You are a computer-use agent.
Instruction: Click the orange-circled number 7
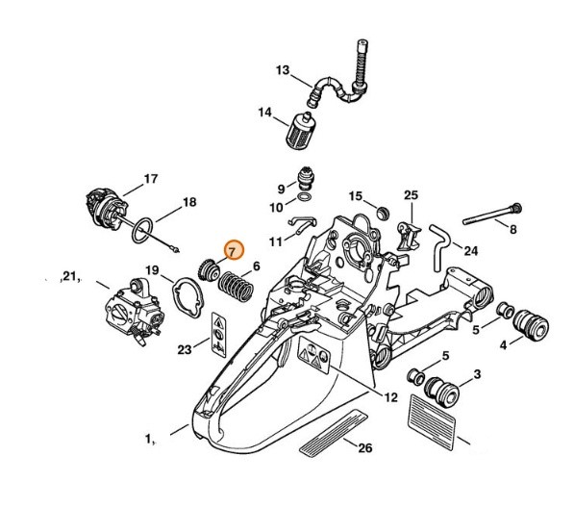pyautogui.click(x=231, y=249)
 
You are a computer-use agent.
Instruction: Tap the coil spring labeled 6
pyautogui.click(x=232, y=285)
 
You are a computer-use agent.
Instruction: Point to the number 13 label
pyautogui.click(x=282, y=70)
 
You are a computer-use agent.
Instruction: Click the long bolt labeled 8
pyautogui.click(x=491, y=215)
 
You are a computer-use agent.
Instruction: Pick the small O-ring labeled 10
pyautogui.click(x=305, y=203)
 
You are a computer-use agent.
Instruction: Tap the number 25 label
pyautogui.click(x=411, y=196)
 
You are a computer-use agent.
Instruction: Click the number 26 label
pyautogui.click(x=364, y=447)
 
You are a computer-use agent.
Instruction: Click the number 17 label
pyautogui.click(x=150, y=178)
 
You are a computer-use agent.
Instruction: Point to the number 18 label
pyautogui.click(x=189, y=202)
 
